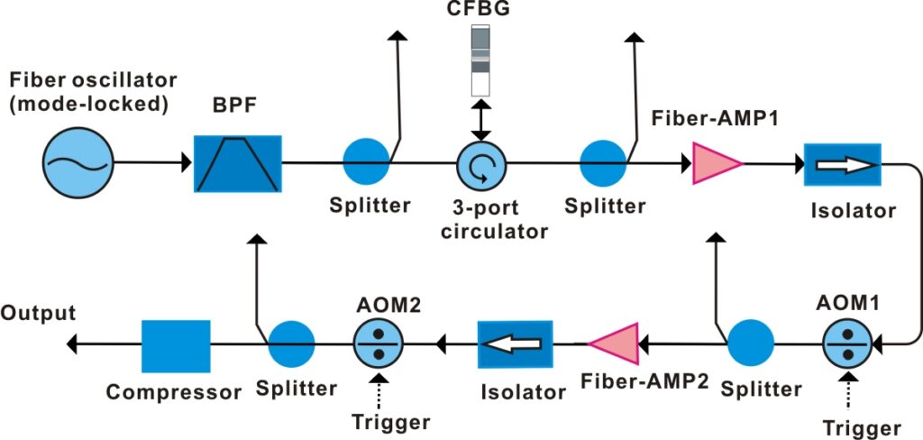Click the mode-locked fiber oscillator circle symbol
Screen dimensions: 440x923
click(x=78, y=163)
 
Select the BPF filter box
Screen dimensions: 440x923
click(x=237, y=163)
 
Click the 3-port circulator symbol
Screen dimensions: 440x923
click(x=481, y=165)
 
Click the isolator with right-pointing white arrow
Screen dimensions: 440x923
click(x=842, y=165)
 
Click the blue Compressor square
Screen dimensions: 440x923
click(x=176, y=345)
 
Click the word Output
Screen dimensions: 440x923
click(x=38, y=314)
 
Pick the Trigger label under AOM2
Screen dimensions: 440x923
click(x=391, y=422)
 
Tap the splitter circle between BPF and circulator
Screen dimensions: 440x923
click(x=366, y=163)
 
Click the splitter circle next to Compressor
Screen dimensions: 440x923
click(x=291, y=344)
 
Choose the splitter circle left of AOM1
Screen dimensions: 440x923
click(x=751, y=344)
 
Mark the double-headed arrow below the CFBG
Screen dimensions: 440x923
click(x=481, y=118)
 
